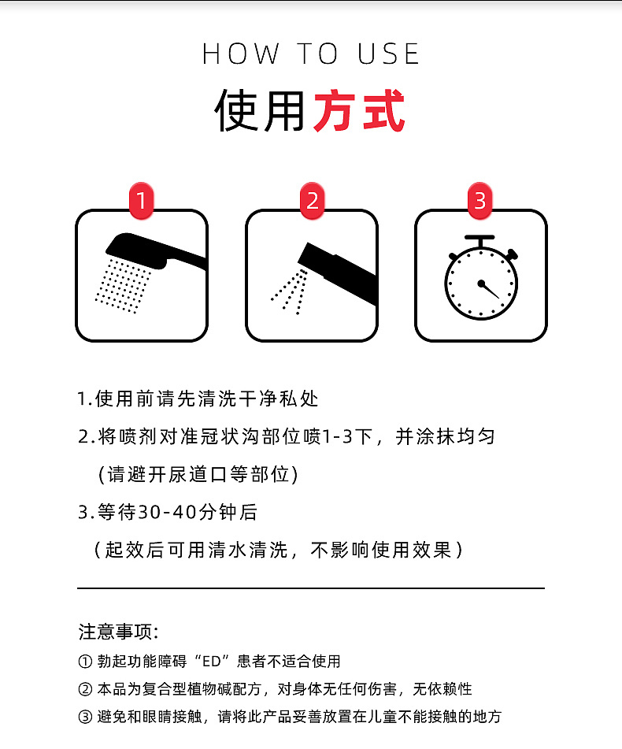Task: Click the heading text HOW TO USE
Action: pos(311,54)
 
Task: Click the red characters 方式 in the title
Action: pos(359,112)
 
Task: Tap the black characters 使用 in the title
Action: pos(259,112)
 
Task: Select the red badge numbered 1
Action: pos(141,202)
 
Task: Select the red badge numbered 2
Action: pos(313,202)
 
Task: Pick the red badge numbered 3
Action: pos(481,202)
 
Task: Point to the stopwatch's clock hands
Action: pos(489,288)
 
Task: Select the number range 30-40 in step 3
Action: pos(165,512)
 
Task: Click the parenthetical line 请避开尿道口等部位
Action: pos(197,475)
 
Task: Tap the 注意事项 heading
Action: pos(118,632)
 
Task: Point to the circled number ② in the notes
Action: pos(85,689)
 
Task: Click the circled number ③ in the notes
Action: pos(85,717)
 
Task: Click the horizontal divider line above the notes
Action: pos(311,588)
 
